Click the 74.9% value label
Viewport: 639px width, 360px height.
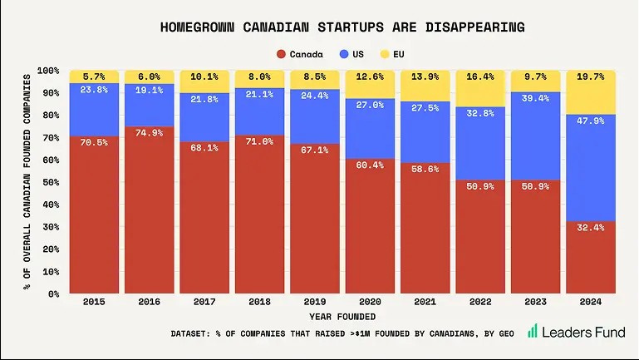pyautogui.click(x=149, y=133)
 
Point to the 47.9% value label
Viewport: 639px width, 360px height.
pyautogui.click(x=590, y=121)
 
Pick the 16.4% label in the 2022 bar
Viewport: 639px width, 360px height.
pyautogui.click(x=479, y=76)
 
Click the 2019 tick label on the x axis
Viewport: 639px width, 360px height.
pyautogui.click(x=314, y=303)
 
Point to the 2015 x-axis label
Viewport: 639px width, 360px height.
pyautogui.click(x=93, y=303)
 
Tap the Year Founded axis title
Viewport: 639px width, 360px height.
pyautogui.click(x=342, y=316)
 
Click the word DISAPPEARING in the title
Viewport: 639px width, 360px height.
pyautogui.click(x=470, y=27)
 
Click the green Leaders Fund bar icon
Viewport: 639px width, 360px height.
pyautogui.click(x=532, y=331)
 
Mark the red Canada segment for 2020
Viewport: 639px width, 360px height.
pyautogui.click(x=369, y=229)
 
